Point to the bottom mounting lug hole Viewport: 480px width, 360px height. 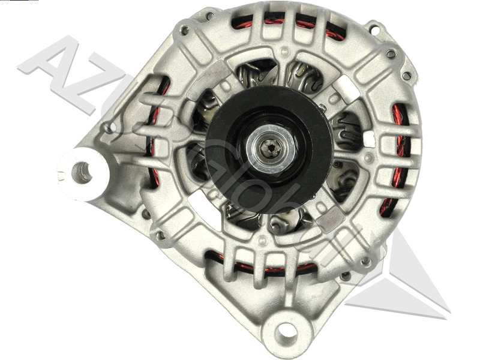(286, 331)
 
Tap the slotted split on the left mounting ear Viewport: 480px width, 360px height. (65, 175)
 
